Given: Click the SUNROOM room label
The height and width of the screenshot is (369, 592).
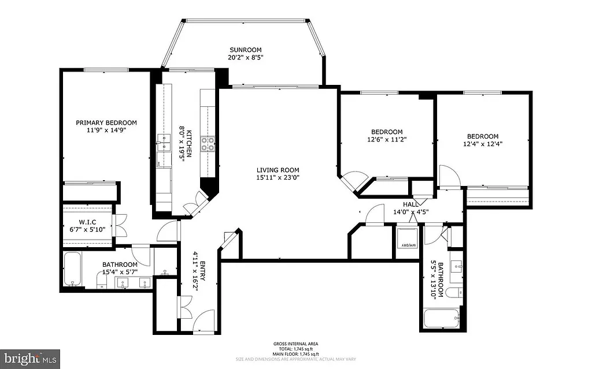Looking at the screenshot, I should pos(245,49).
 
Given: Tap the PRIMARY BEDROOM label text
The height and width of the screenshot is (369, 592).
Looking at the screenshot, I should pos(107,122).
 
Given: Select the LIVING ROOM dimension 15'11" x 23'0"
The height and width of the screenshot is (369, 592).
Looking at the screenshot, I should pos(278,178).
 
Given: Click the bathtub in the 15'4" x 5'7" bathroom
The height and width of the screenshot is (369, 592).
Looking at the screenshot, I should pos(73,269).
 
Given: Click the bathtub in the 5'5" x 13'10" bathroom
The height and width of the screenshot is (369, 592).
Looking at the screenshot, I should pos(441,318).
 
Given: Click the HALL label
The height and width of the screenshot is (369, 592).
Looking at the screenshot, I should pos(410,204).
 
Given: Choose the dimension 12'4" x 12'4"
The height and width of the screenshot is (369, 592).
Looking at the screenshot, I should pos(483,144).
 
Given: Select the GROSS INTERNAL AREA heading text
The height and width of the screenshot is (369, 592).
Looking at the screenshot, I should pos(295,344).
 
